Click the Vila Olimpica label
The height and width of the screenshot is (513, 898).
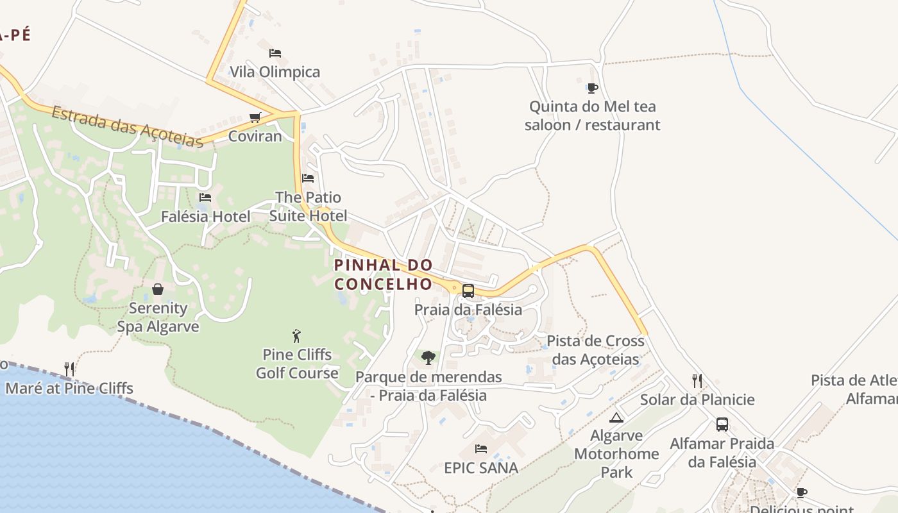tap(275, 72)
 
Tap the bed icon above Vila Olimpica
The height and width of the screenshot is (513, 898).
tap(275, 53)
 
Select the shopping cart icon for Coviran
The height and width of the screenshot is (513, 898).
tap(255, 117)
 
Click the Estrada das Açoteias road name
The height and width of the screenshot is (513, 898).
tap(127, 126)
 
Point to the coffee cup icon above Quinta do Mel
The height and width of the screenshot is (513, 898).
tap(592, 88)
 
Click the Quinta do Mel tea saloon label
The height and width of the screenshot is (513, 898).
tap(592, 115)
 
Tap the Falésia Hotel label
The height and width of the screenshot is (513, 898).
tap(205, 217)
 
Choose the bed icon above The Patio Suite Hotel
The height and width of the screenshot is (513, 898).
tap(308, 178)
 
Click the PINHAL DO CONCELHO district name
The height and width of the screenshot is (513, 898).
tap(384, 274)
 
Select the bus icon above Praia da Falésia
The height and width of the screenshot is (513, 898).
tap(468, 290)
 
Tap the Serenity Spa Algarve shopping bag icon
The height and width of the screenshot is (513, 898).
tap(158, 289)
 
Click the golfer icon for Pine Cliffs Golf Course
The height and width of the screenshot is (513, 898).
tap(296, 336)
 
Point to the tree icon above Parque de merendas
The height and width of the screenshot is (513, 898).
tap(428, 358)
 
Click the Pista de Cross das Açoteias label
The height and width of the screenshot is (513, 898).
tap(595, 350)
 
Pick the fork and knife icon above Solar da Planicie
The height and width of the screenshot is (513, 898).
tap(697, 381)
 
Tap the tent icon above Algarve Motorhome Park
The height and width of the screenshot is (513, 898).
tap(616, 418)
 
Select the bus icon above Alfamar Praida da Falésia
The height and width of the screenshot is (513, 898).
tap(722, 425)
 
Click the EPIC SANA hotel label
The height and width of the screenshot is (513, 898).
tap(481, 468)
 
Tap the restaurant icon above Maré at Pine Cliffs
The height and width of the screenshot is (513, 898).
tap(69, 369)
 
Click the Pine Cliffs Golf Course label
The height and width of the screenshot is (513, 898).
tap(297, 364)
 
